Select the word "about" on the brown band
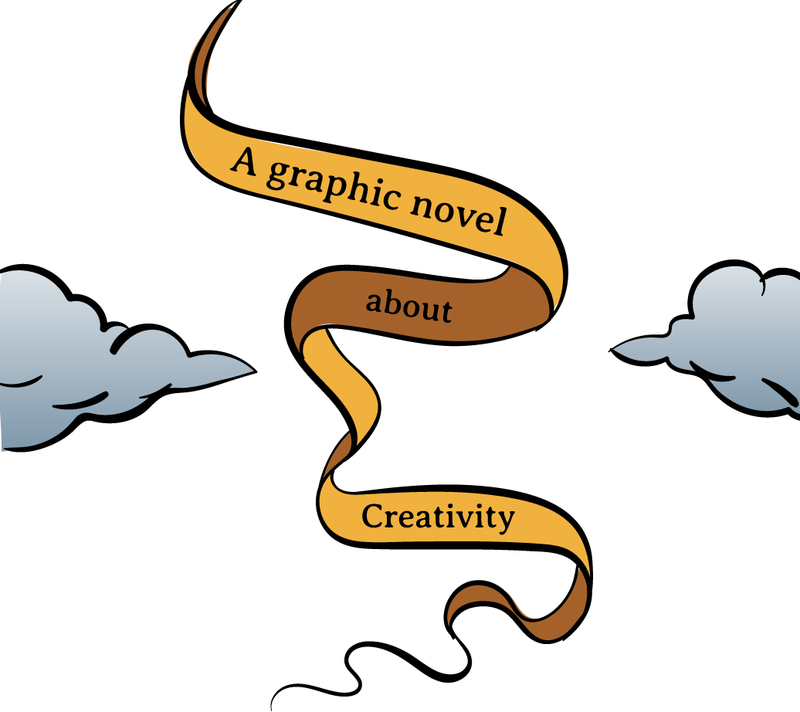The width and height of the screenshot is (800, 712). pos(408,305)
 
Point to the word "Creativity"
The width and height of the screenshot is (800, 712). pos(438,517)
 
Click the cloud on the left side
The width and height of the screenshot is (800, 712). pos(93,363)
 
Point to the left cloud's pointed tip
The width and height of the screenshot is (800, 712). pos(249,371)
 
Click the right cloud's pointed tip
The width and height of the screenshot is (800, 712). pos(618,350)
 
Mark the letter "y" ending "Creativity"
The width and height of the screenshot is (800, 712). pos(505,519)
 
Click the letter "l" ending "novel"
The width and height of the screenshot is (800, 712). pos(499,222)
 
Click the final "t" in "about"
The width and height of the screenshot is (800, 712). pos(445,310)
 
